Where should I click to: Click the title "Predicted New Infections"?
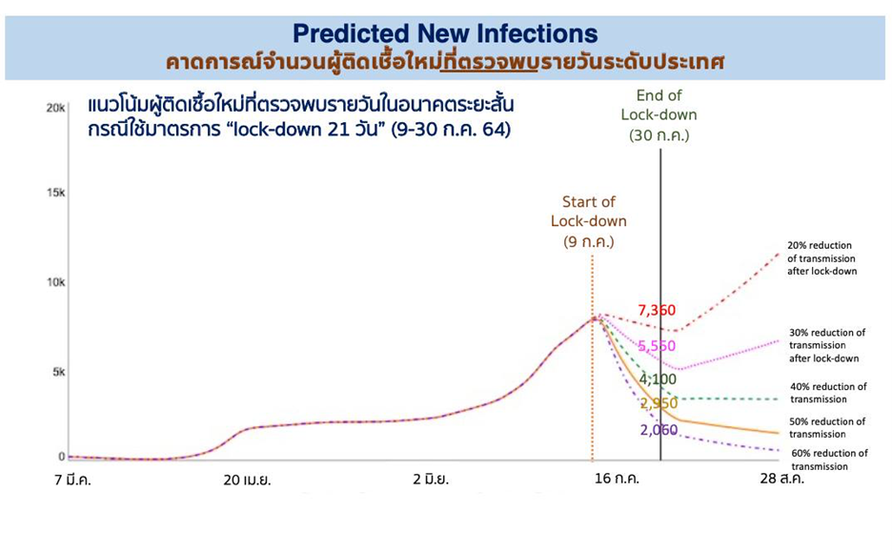point(445,33)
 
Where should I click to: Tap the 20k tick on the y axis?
point(55,108)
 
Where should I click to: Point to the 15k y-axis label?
point(55,193)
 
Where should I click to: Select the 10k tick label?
point(55,282)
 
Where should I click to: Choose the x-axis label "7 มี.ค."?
point(72,480)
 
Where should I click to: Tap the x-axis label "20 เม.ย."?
point(247,481)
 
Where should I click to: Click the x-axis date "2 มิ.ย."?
point(431,479)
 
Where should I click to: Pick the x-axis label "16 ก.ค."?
point(617,478)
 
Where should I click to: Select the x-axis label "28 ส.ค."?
point(782,478)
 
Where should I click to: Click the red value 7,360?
point(657,310)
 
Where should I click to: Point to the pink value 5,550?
point(657,345)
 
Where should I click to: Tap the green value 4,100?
point(658,379)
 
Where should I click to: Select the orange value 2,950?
point(659,403)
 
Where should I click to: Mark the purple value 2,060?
point(659,430)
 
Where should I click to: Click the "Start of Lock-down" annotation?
point(589,221)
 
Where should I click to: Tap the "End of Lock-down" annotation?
point(659,115)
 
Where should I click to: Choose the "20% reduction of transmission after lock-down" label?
point(822,258)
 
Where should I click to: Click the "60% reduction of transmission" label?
point(829,460)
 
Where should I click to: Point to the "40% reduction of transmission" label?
point(828,393)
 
